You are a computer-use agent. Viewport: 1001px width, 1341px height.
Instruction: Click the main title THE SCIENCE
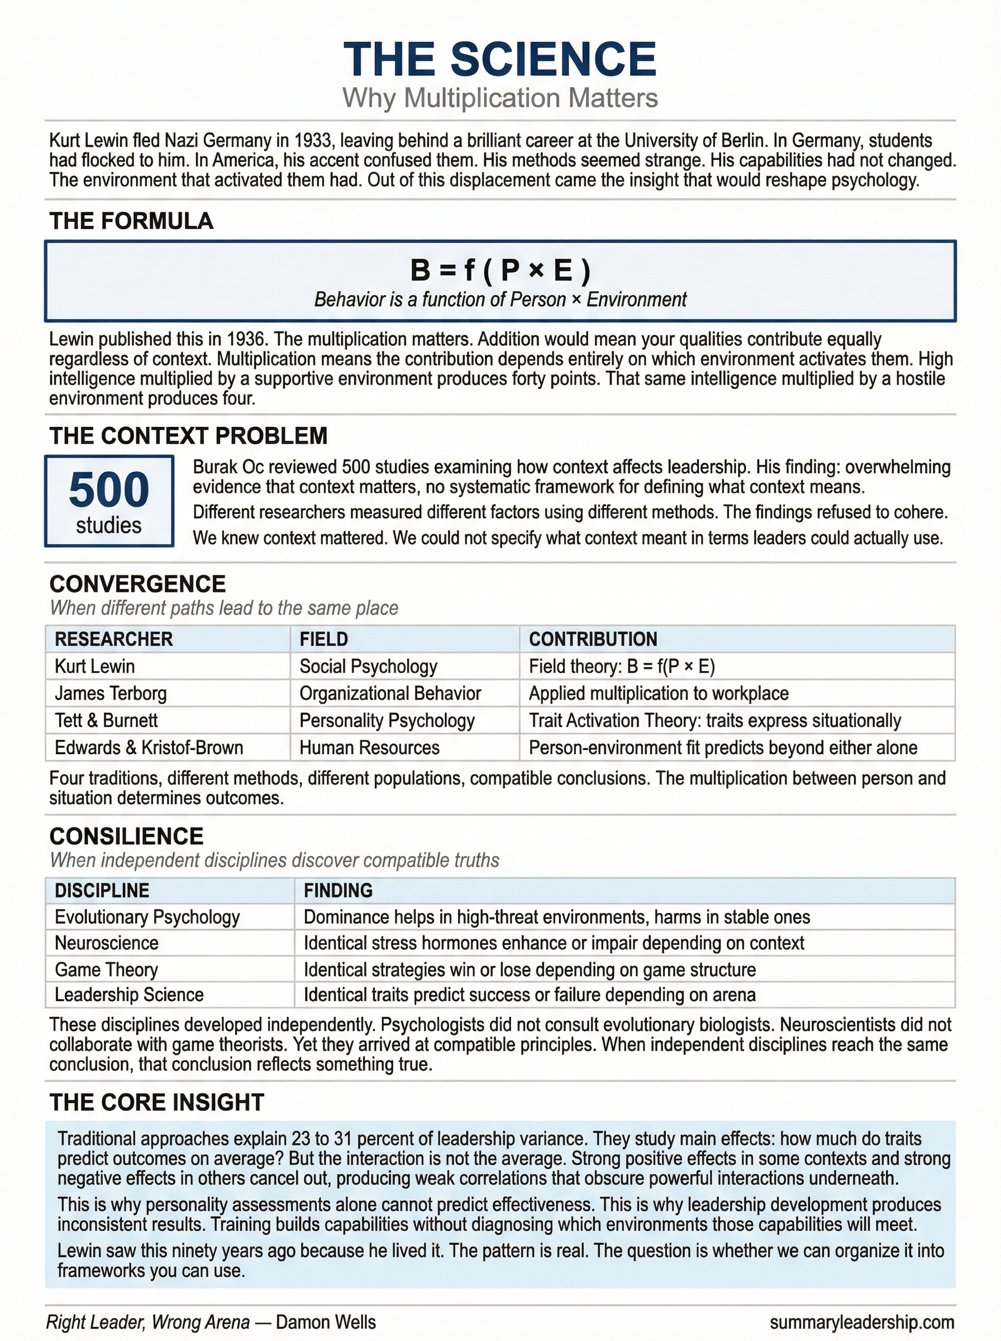click(x=500, y=59)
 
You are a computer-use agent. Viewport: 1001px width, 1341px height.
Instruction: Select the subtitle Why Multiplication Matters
click(x=500, y=98)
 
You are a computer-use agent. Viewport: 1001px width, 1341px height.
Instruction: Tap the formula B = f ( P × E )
click(x=500, y=270)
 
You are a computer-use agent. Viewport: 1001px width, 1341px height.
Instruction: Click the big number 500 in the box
click(x=109, y=489)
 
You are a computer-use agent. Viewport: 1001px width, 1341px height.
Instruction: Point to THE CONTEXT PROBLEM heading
click(x=188, y=436)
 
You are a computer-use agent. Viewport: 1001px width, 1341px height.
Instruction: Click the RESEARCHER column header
click(x=114, y=639)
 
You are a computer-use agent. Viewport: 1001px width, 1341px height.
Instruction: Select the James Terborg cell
click(x=111, y=693)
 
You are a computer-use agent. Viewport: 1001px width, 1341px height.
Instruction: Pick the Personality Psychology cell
click(x=387, y=720)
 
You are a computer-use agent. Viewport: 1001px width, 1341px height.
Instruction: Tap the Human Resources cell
click(x=370, y=748)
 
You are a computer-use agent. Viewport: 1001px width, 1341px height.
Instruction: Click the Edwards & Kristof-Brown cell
click(x=149, y=748)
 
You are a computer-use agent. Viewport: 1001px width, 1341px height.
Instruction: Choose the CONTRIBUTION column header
click(x=593, y=639)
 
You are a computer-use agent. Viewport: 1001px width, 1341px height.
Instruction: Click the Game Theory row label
click(x=107, y=969)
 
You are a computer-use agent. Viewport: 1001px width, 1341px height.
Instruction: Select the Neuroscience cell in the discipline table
click(x=107, y=943)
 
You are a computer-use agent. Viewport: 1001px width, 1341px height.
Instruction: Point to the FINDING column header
click(x=338, y=890)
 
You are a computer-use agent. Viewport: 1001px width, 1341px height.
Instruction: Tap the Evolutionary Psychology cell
click(x=147, y=917)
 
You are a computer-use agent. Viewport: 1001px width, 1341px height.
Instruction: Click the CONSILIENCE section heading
click(x=127, y=836)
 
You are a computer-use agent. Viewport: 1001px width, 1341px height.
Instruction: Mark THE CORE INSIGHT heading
click(x=157, y=1102)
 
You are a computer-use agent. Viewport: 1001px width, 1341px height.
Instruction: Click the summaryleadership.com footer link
click(x=862, y=1322)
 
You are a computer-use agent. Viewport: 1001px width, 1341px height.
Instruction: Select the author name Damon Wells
click(x=326, y=1322)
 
